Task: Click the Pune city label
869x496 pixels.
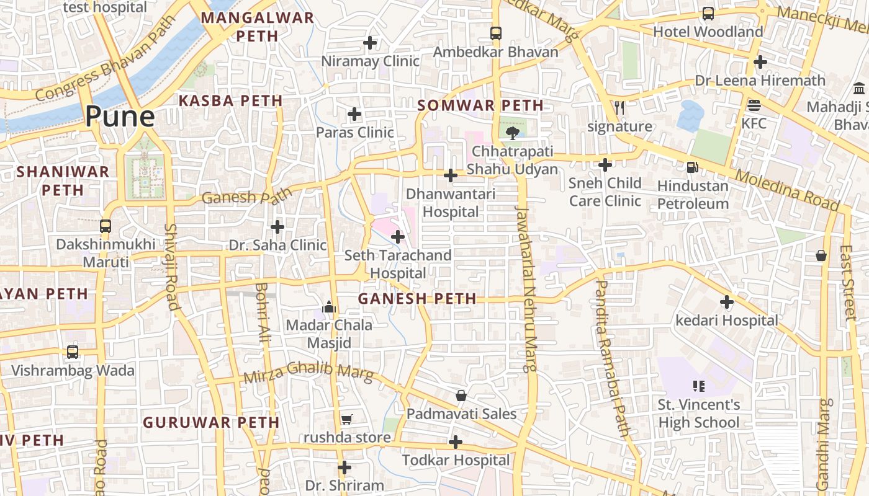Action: pos(120,117)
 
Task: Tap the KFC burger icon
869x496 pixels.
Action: pos(754,105)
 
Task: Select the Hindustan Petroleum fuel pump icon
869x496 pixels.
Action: pos(692,167)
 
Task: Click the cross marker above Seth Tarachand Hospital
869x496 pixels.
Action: pos(398,237)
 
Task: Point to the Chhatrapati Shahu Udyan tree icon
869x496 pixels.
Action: pos(512,133)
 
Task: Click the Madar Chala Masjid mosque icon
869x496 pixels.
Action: pos(328,307)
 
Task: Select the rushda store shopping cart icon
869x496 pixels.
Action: pos(346,420)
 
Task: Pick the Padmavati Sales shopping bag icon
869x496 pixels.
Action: pos(461,396)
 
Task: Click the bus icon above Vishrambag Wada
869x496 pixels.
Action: pos(73,352)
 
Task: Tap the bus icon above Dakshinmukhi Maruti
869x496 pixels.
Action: pos(106,226)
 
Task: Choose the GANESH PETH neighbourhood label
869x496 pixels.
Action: pos(417,299)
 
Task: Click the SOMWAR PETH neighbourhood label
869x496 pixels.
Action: pos(480,105)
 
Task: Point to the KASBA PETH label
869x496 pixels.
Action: pos(230,100)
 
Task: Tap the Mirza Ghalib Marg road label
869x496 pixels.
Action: pos(308,374)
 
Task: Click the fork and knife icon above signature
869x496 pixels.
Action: pos(619,108)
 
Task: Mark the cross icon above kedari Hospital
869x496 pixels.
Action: pos(727,302)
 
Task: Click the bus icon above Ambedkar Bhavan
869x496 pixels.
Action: pos(495,33)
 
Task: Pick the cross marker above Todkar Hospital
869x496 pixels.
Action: pos(456,442)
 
